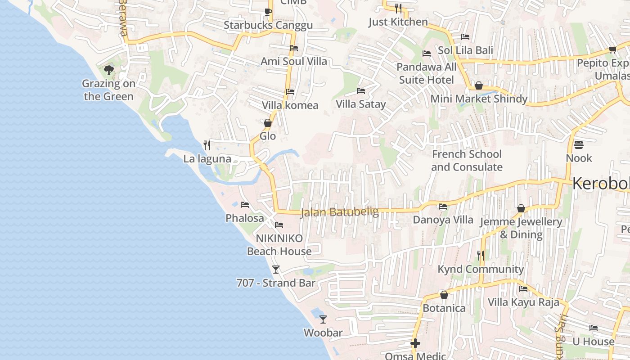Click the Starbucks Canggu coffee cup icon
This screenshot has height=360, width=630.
(268, 12)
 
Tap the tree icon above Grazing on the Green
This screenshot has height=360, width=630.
(108, 70)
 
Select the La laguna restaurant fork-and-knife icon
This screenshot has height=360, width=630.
(207, 145)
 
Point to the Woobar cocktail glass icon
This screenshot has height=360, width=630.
(323, 319)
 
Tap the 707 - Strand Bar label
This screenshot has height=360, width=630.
(276, 283)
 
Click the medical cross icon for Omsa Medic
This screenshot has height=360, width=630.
(415, 344)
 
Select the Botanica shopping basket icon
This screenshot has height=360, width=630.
(444, 295)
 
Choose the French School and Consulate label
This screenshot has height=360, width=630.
(467, 161)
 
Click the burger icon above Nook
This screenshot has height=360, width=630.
(579, 145)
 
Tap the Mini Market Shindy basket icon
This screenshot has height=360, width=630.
(479, 85)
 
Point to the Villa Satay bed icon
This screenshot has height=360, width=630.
(361, 91)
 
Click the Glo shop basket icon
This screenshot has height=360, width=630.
(268, 123)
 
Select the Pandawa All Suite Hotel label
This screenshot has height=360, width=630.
(427, 73)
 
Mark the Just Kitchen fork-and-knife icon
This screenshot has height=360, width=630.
(398, 8)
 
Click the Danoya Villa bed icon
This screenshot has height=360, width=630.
(443, 207)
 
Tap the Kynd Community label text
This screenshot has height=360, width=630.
(481, 269)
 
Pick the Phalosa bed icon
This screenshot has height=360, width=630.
(245, 205)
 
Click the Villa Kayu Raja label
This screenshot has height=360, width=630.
(523, 302)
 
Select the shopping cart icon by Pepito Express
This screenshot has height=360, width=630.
(612, 49)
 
